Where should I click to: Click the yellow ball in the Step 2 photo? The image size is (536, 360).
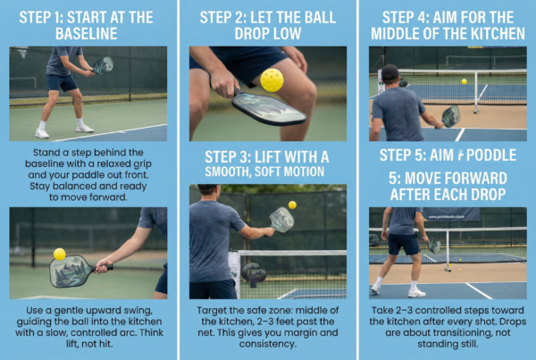(x=272, y=80)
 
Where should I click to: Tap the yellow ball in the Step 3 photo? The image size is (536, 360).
(x=291, y=205)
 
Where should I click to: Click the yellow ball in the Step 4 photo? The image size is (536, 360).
(x=463, y=81)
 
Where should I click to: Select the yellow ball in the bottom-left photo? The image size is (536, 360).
(x=59, y=254)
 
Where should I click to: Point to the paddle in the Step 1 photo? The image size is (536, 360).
(x=103, y=65)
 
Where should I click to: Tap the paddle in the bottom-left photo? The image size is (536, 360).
(x=71, y=270)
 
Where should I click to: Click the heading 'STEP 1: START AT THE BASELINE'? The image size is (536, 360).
(x=88, y=24)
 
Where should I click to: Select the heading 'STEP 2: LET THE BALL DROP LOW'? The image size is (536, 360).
(x=267, y=24)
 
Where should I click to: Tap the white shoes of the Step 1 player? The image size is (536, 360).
(x=63, y=130)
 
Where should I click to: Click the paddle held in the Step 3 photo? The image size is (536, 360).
(x=281, y=220)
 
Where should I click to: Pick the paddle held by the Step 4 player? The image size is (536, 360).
(x=450, y=116)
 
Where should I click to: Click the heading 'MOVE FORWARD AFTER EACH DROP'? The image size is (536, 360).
(x=447, y=184)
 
